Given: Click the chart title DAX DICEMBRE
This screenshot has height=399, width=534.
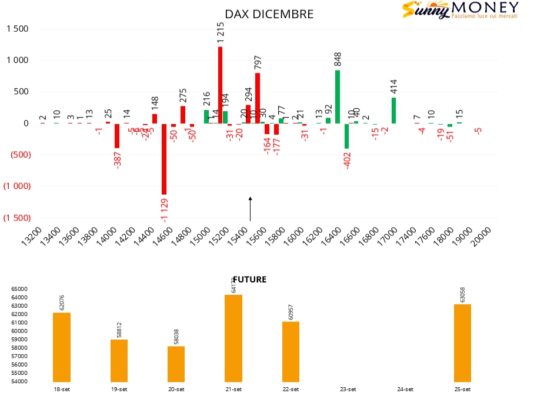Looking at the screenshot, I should pyautogui.click(x=269, y=14).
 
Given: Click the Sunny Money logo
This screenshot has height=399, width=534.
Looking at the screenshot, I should pyautogui.click(x=460, y=11).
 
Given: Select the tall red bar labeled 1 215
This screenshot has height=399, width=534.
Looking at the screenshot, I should pyautogui.click(x=220, y=85).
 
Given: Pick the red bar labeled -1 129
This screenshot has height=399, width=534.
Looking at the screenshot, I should pyautogui.click(x=164, y=159).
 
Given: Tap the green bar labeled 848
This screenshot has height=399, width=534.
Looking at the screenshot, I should pyautogui.click(x=338, y=97).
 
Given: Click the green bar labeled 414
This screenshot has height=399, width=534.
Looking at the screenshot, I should pyautogui.click(x=393, y=111).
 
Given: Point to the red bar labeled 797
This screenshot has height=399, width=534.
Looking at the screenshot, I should pyautogui.click(x=257, y=98).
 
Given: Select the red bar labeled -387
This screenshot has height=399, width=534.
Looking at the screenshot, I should pyautogui.click(x=117, y=135).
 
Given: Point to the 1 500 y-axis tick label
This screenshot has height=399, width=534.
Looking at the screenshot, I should pyautogui.click(x=18, y=29).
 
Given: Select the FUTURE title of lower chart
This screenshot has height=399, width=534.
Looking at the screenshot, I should pyautogui.click(x=250, y=280).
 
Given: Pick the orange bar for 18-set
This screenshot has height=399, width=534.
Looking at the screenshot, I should pyautogui.click(x=62, y=347).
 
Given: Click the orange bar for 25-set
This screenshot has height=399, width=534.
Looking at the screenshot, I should pyautogui.click(x=462, y=343).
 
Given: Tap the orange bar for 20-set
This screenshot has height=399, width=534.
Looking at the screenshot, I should pyautogui.click(x=176, y=364).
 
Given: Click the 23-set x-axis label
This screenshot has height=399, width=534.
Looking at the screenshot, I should pyautogui.click(x=348, y=389).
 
